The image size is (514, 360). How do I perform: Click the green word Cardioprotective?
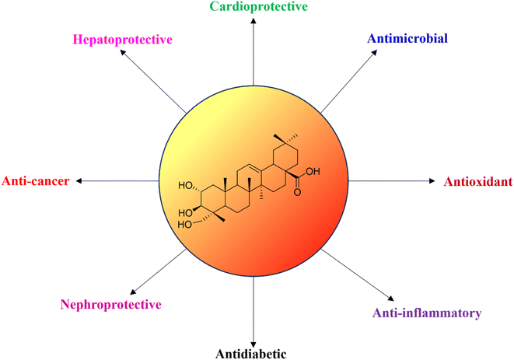(x=259, y=6)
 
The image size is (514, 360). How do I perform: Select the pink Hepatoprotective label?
(x=123, y=40)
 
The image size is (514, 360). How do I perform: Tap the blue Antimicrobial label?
(x=407, y=38)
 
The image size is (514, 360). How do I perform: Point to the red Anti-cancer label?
(x=36, y=181)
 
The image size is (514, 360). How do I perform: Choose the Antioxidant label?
(x=478, y=181)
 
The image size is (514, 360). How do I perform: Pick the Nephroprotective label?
(x=110, y=305)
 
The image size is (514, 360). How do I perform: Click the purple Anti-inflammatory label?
(x=427, y=313)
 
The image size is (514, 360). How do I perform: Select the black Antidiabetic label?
(x=251, y=354)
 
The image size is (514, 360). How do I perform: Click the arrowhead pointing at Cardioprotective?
(x=254, y=21)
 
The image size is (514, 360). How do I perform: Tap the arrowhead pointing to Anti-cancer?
(x=79, y=180)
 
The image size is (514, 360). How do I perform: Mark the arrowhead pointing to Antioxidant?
(x=432, y=180)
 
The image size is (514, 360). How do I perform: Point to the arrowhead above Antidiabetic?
(x=254, y=344)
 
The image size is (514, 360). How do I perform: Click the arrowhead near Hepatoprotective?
(x=123, y=52)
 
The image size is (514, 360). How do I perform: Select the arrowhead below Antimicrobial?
(x=374, y=52)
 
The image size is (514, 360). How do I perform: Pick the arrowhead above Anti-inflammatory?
(x=390, y=298)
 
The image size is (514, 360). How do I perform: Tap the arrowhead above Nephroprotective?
(x=133, y=292)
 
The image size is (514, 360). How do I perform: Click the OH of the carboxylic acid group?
(x=313, y=172)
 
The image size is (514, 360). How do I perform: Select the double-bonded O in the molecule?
(x=297, y=192)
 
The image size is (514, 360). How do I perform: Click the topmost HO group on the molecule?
(x=185, y=186)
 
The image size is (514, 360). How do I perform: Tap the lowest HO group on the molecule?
(x=184, y=225)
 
